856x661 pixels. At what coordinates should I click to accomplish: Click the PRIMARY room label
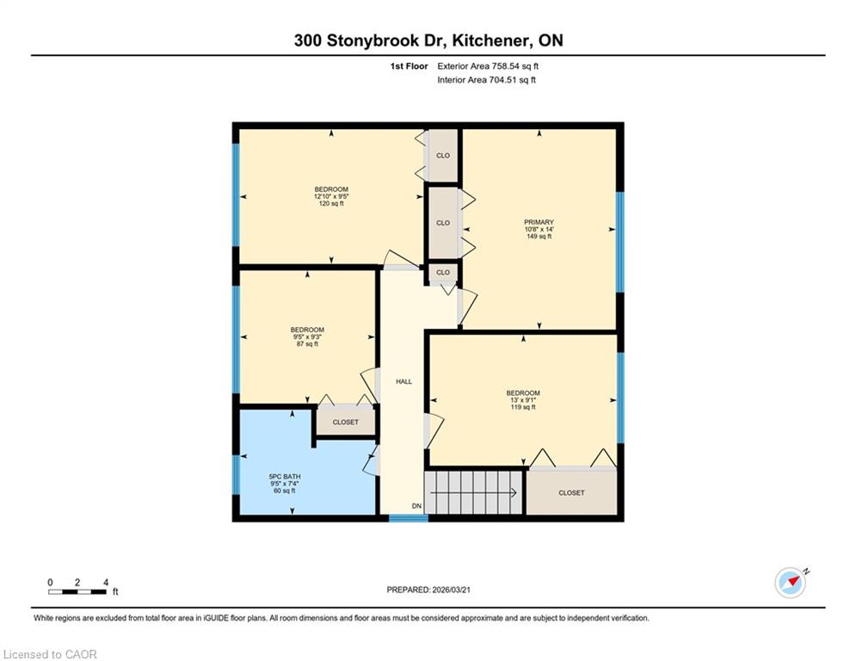(x=539, y=222)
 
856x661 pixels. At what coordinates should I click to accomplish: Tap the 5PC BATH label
(x=285, y=476)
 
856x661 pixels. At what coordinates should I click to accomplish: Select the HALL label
(x=404, y=381)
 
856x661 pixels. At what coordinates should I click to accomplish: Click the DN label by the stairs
(x=416, y=506)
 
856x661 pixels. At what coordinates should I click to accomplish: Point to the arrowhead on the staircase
(x=514, y=493)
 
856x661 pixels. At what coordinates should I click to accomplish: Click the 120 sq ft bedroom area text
(x=331, y=203)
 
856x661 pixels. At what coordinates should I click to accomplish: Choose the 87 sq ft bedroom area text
(x=307, y=343)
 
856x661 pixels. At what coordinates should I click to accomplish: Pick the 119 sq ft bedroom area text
(x=523, y=407)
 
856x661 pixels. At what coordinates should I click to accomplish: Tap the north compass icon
(x=791, y=583)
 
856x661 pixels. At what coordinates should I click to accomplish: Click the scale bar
(x=77, y=591)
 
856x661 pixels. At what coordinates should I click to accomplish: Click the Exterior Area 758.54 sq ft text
(x=488, y=66)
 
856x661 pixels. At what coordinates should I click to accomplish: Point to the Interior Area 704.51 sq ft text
(x=486, y=80)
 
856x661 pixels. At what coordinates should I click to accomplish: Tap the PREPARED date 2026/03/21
(x=451, y=590)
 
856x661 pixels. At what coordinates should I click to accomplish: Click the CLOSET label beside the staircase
(x=571, y=493)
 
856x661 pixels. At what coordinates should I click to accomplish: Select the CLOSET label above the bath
(x=346, y=423)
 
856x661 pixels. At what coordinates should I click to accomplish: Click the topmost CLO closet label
(x=443, y=156)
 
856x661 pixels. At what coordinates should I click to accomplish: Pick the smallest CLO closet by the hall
(x=443, y=272)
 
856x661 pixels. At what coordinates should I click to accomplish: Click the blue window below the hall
(x=409, y=518)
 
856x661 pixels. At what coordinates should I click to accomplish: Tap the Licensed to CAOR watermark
(x=50, y=654)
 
